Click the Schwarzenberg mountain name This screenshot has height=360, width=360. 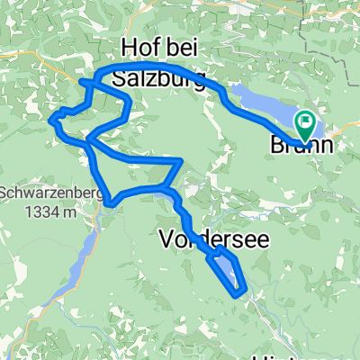pyautogui.click(x=42, y=193)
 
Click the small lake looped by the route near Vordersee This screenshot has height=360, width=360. pyautogui.click(x=227, y=269)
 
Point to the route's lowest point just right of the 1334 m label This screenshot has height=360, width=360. pyautogui.click(x=110, y=204)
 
